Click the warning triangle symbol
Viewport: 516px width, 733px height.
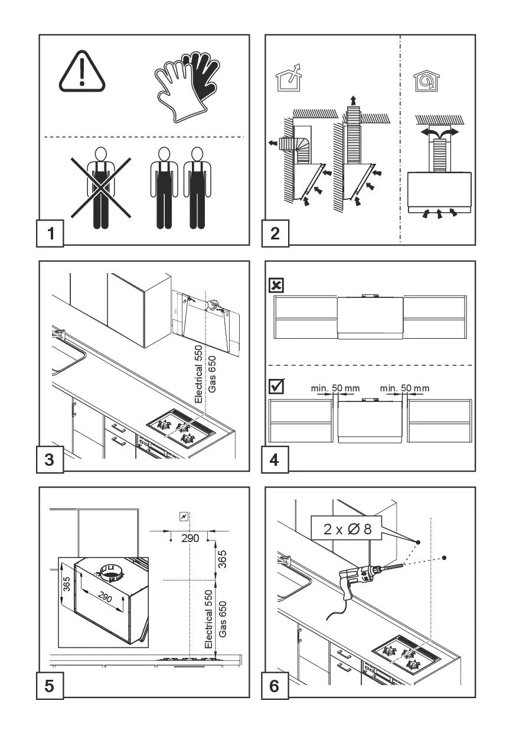tap(81, 73)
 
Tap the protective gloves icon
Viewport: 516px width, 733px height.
tap(185, 86)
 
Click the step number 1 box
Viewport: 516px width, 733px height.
tap(51, 233)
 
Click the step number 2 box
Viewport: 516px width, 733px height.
tap(275, 233)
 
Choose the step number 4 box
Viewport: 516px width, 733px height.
tap(275, 459)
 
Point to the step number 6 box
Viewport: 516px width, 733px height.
tap(275, 686)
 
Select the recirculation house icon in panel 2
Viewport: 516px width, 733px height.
tap(422, 80)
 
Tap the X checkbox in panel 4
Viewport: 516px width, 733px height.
tap(276, 286)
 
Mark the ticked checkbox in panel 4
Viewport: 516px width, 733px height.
tap(276, 387)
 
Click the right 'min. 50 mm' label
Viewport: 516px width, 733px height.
tap(405, 388)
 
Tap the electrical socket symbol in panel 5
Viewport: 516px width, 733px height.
tap(184, 517)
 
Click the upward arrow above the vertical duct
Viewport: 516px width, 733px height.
tap(353, 99)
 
